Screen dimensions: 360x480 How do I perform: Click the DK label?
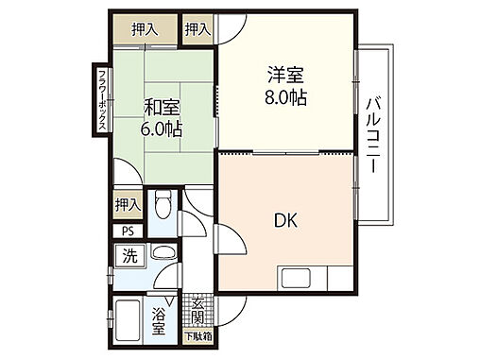click(x=287, y=224)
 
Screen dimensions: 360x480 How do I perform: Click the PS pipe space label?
click(x=128, y=231)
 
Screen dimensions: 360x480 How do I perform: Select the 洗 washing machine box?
click(x=129, y=255)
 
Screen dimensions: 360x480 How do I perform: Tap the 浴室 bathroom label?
click(x=158, y=321)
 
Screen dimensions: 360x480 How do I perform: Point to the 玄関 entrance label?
click(x=197, y=311)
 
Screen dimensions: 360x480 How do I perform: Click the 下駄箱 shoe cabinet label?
click(x=197, y=336)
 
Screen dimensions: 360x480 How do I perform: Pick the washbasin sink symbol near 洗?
click(x=162, y=254)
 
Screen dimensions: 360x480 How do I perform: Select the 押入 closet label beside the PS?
click(x=128, y=204)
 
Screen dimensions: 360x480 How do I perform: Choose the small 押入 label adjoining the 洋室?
click(x=196, y=30)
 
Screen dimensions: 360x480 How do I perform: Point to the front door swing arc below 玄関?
click(x=231, y=310)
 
